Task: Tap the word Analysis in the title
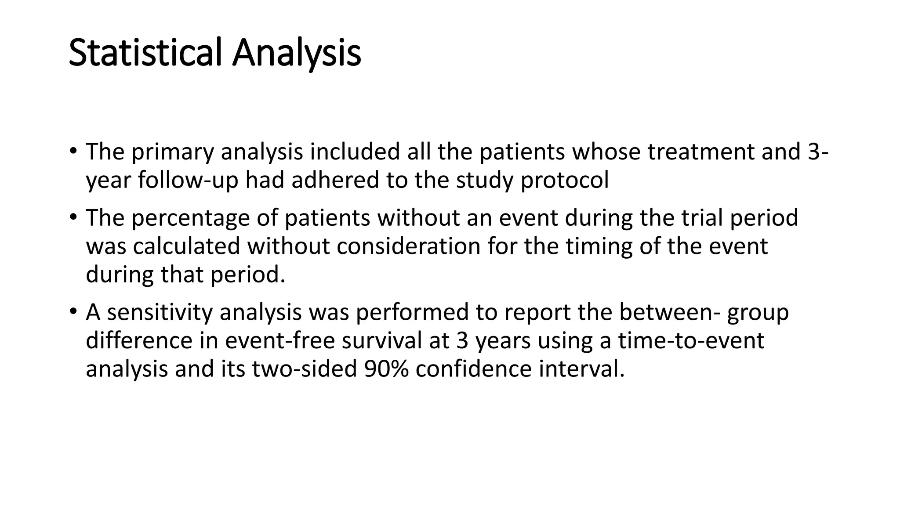pyautogui.click(x=297, y=53)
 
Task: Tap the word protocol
pyautogui.click(x=565, y=180)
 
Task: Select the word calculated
pyautogui.click(x=186, y=246)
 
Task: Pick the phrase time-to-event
pyautogui.click(x=691, y=340)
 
